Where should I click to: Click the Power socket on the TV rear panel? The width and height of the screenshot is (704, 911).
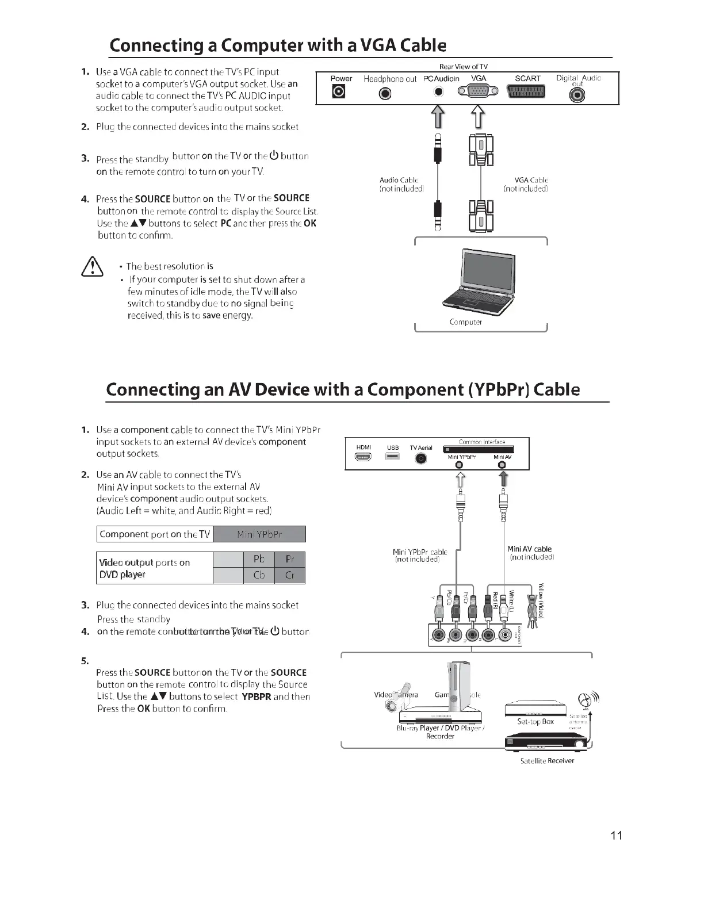[x=339, y=92]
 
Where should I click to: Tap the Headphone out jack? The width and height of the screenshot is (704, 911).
[x=385, y=93]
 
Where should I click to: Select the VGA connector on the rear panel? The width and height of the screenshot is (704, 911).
[x=478, y=91]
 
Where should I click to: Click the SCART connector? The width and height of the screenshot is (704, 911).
[x=527, y=92]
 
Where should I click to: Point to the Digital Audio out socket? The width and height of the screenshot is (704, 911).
[x=577, y=95]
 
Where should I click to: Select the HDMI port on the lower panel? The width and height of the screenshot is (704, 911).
[x=364, y=457]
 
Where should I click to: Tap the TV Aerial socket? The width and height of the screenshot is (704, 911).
[x=421, y=458]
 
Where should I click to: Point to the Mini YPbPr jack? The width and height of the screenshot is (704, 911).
[x=459, y=465]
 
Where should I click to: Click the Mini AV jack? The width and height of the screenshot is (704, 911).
[x=502, y=465]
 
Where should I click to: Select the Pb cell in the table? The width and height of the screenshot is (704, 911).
[x=259, y=560]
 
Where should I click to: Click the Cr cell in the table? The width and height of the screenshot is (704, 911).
[x=290, y=575]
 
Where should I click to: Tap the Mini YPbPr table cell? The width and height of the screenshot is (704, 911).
[x=259, y=534]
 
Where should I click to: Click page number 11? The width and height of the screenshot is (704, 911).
[x=616, y=836]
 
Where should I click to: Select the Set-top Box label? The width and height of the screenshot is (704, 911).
[x=535, y=721]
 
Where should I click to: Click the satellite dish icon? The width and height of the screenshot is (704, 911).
[x=585, y=701]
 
